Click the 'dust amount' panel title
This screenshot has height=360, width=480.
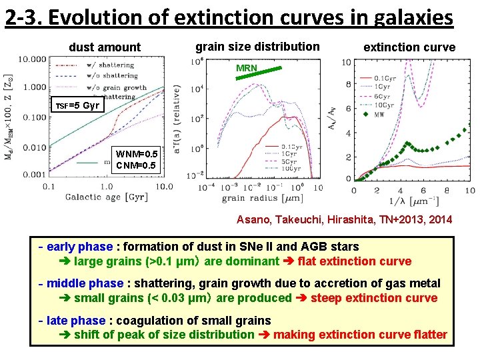105,47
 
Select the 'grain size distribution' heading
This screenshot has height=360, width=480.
257,46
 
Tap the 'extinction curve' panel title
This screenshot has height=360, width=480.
409,47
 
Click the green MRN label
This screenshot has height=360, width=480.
247,68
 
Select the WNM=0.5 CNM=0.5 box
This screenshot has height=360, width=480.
137,160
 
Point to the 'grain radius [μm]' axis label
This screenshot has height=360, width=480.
263,197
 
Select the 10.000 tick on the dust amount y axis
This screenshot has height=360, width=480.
32,59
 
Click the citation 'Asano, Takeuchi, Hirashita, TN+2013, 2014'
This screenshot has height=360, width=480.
344,219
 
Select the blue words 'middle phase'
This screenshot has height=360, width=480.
85,283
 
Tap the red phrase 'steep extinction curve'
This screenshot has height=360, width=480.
374,298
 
